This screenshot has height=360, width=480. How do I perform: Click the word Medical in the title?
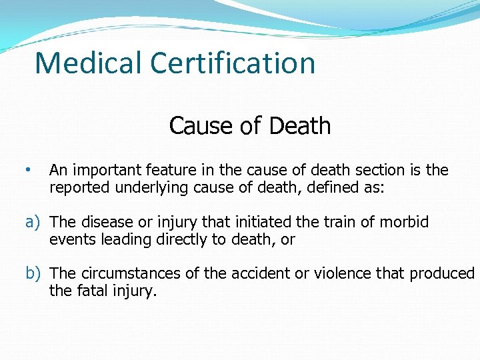click(x=89, y=63)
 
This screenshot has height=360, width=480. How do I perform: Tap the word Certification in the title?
click(x=233, y=63)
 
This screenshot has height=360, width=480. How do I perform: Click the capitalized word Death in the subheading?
click(x=301, y=125)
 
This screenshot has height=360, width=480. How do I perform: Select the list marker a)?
click(x=34, y=222)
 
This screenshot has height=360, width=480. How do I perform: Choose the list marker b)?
click(x=34, y=273)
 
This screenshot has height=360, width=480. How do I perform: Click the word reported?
click(x=79, y=188)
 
